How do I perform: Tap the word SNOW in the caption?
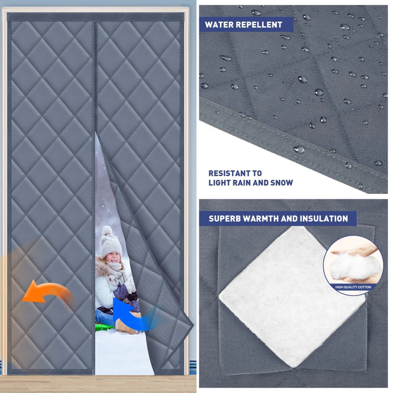click(x=282, y=183)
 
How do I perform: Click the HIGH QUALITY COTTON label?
click(x=353, y=287)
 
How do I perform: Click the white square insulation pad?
click(x=291, y=295)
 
